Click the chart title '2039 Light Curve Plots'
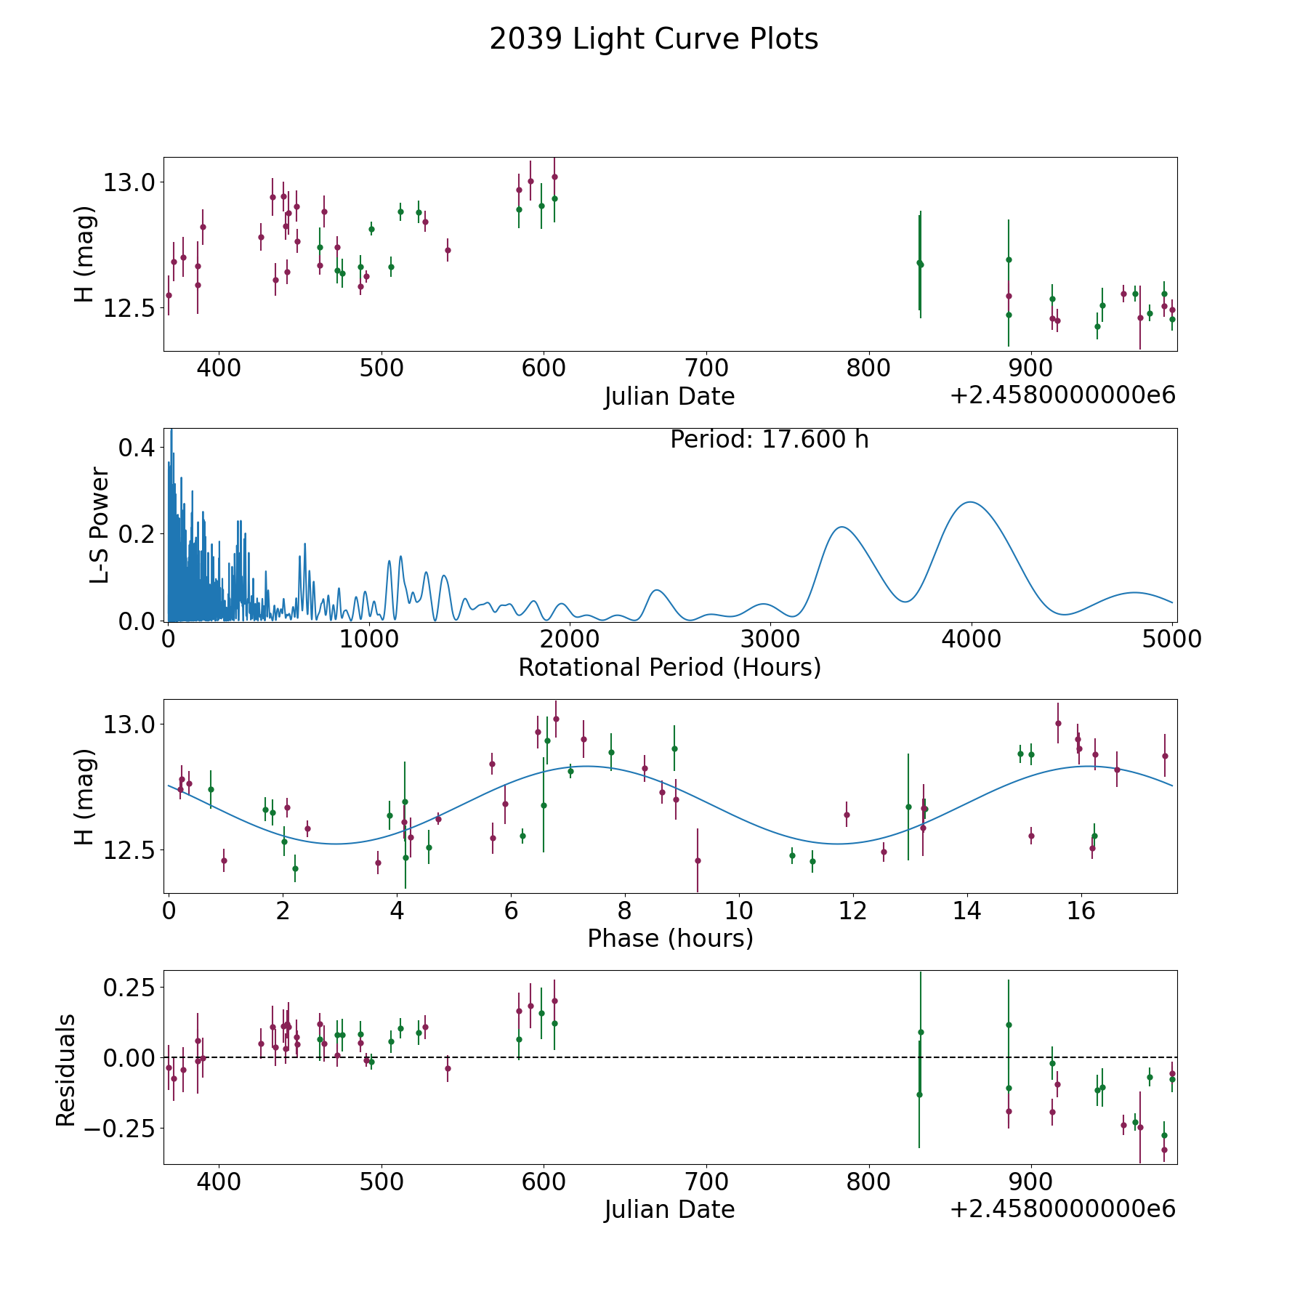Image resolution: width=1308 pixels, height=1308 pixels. coord(653,39)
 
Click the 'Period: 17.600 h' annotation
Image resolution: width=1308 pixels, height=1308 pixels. coord(769,440)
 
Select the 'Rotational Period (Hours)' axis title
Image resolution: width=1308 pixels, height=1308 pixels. coord(669,667)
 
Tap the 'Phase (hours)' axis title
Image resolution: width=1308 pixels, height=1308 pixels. coord(669,938)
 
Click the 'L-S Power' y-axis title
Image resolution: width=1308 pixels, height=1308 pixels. coord(100,525)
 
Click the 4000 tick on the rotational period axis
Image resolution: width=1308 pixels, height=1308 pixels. coord(972,639)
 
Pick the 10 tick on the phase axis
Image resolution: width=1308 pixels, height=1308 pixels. coord(739,910)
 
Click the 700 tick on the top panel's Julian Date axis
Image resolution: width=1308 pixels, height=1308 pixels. coord(706,368)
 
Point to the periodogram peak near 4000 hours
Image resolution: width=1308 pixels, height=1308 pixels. coord(969,502)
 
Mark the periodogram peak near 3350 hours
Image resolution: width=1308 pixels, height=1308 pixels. coord(841,527)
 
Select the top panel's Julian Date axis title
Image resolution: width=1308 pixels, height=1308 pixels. coord(669,397)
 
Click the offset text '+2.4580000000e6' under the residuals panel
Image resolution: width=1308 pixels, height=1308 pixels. coord(1062,1209)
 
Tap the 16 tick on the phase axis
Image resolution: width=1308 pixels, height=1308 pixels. coord(1081,910)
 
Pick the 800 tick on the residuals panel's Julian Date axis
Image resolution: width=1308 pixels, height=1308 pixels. coord(869,1182)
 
